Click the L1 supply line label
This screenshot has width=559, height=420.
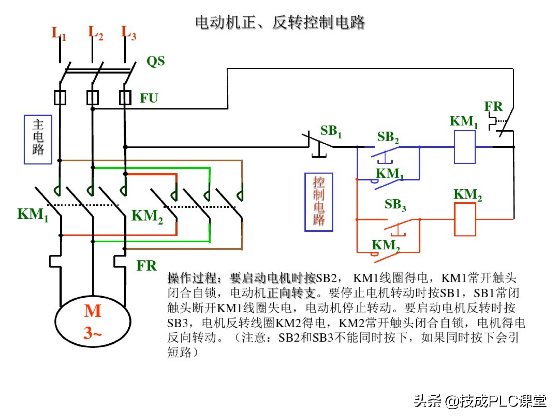(x=58, y=33)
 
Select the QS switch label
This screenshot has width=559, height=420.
(x=156, y=61)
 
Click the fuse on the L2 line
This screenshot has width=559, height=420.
(x=93, y=97)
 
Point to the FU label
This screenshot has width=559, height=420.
(x=149, y=98)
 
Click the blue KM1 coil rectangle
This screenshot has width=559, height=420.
(x=464, y=147)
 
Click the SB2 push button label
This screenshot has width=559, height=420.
(x=388, y=137)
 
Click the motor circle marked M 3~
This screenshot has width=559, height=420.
(x=93, y=322)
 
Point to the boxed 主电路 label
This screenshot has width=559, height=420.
(x=38, y=139)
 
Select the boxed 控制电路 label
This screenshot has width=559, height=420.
(x=319, y=202)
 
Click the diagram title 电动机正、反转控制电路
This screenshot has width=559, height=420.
(x=280, y=22)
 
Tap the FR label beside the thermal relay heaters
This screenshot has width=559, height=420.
(x=146, y=266)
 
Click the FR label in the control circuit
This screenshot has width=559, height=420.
(x=493, y=107)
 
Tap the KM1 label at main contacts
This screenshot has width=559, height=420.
(x=33, y=215)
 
